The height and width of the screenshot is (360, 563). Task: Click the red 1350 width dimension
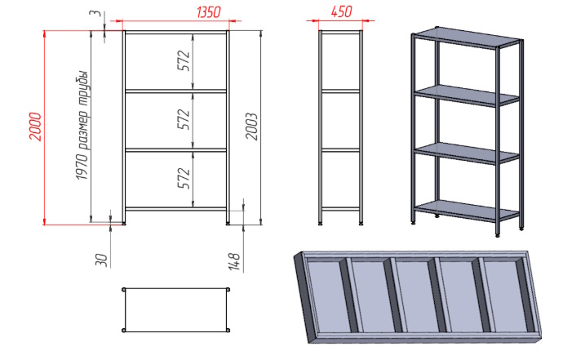[x=208, y=12]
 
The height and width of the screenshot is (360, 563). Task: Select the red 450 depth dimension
[x=341, y=11]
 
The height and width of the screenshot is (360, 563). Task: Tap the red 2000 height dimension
[x=36, y=127]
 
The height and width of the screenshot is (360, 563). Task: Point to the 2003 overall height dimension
[x=251, y=127]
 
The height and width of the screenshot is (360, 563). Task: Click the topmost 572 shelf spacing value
[x=184, y=60]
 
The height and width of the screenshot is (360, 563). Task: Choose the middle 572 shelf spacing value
[x=184, y=119]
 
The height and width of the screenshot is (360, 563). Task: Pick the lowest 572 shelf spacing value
[x=184, y=178]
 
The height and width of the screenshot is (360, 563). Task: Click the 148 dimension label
[x=234, y=261]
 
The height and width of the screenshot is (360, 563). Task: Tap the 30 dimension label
[x=101, y=260]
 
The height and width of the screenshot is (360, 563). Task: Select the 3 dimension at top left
[x=95, y=13]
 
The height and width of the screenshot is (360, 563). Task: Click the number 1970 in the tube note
[x=82, y=167]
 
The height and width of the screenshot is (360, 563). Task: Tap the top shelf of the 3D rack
[x=467, y=38]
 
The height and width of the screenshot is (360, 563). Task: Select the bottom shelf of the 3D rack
[x=467, y=211]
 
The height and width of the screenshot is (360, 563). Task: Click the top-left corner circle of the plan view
[x=124, y=290]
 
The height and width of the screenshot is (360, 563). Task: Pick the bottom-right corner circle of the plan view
[x=228, y=330]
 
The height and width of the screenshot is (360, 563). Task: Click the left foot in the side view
[x=321, y=224]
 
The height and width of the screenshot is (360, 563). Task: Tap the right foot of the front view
[x=228, y=224]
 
